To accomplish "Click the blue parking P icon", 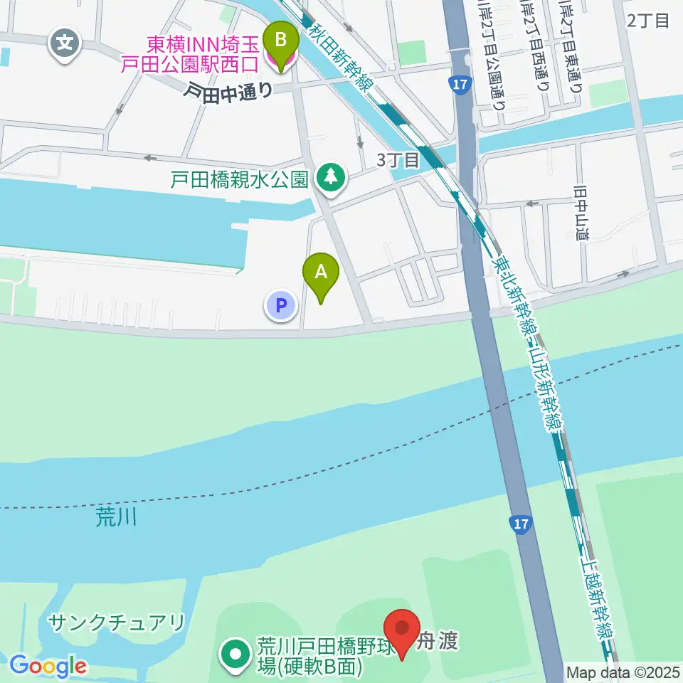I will click(x=281, y=306).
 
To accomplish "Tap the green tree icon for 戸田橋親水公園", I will click(x=330, y=177).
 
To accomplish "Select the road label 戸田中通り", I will click(x=227, y=91).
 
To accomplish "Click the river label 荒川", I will click(x=115, y=517).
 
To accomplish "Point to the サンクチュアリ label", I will click(x=117, y=623).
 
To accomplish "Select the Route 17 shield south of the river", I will click(x=521, y=525).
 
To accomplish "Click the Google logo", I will click(x=48, y=666).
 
